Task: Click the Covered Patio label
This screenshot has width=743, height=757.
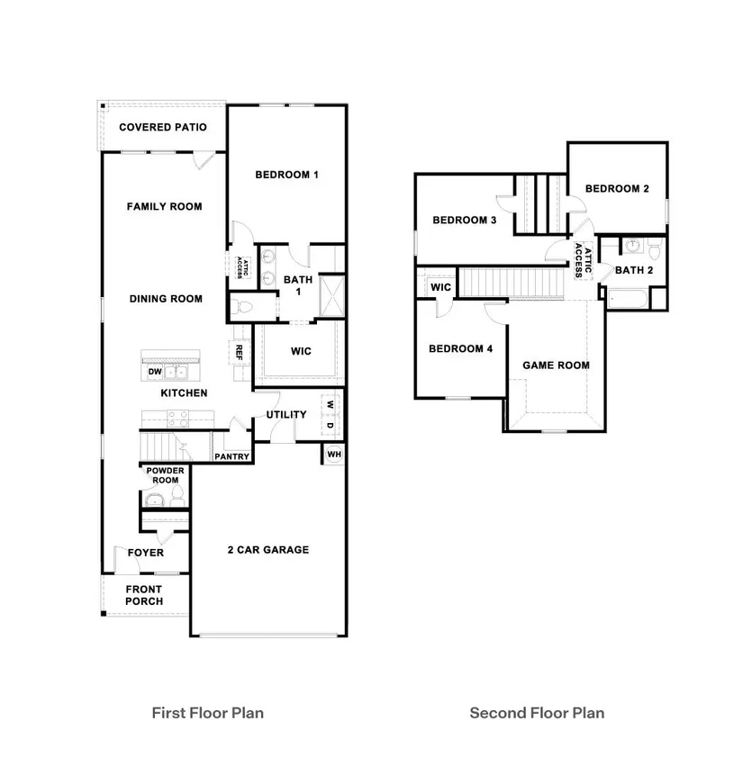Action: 163,127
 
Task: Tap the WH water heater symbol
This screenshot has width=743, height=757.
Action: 334,455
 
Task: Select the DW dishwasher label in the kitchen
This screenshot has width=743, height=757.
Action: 155,372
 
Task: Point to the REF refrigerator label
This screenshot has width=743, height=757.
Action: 239,352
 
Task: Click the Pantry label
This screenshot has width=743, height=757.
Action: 231,456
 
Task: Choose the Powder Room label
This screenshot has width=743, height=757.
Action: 165,475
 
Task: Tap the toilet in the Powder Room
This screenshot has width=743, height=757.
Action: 177,497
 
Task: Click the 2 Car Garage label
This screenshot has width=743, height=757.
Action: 268,549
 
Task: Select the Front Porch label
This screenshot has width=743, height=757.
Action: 144,595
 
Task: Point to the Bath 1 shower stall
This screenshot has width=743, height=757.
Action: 332,295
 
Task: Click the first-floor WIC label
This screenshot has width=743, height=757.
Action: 301,351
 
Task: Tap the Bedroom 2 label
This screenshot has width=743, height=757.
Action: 617,188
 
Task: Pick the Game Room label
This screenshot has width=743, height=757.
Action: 556,365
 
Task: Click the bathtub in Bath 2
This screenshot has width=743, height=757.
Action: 627,300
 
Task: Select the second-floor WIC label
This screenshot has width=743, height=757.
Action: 440,287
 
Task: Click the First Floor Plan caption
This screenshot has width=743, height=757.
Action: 208,713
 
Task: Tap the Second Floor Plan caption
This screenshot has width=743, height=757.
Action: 537,713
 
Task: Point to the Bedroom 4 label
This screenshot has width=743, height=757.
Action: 460,348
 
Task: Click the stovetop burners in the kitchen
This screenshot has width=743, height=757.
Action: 177,419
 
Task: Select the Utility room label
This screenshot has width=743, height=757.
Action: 286,414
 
